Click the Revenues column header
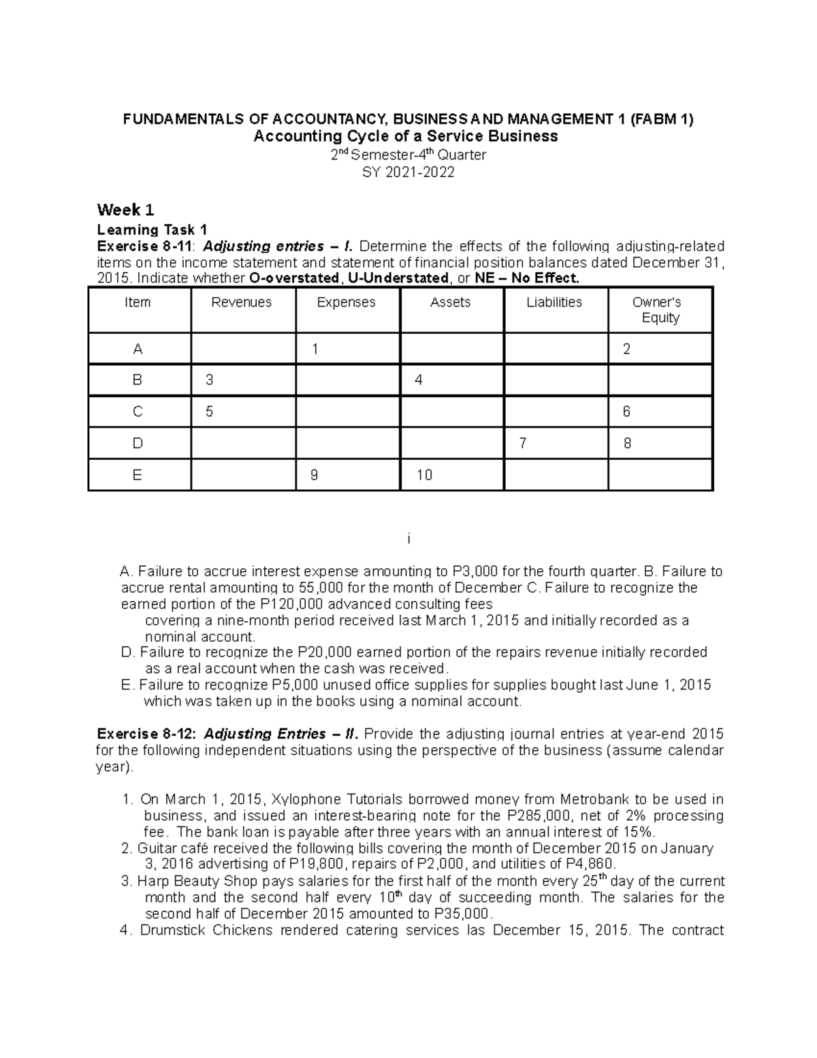242,302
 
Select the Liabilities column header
554,302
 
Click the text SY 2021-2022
408,172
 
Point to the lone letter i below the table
408,540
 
